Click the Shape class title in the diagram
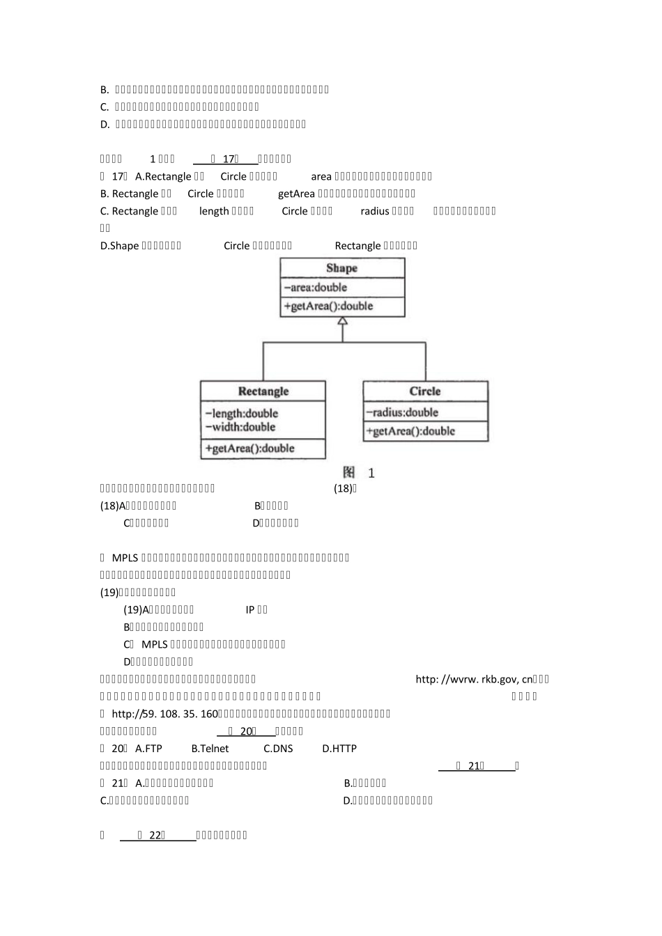coord(341,268)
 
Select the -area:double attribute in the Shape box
coord(315,287)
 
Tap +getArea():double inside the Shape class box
coord(328,306)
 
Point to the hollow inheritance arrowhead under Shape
coord(342,321)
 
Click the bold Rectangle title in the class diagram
coord(263,391)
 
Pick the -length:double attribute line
coord(241,413)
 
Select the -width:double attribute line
coord(240,427)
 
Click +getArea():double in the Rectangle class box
coord(249,448)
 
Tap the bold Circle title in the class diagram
coord(425,391)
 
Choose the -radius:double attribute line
coord(402,412)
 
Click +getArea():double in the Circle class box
coord(410,431)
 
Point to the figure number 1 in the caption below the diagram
coord(371,474)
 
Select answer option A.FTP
coord(148,749)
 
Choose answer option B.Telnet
coord(210,749)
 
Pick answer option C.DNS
coord(278,749)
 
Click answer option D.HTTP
coord(339,749)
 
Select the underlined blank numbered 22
coord(157,835)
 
